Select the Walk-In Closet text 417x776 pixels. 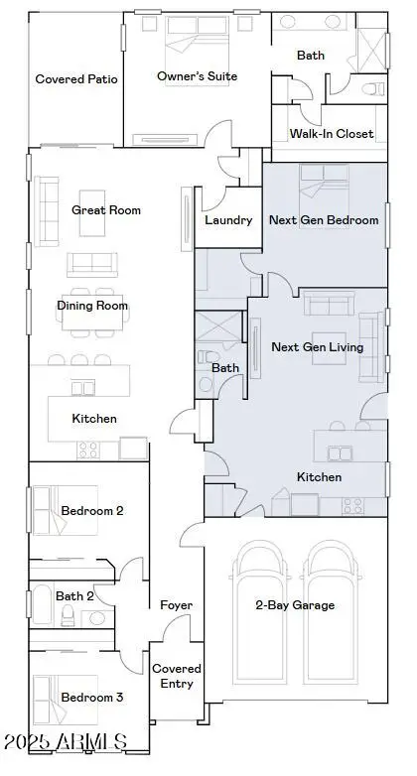(332, 134)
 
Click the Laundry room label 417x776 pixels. (228, 220)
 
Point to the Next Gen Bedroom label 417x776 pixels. (325, 220)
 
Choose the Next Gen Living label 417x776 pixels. (317, 347)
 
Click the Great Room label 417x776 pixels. (106, 210)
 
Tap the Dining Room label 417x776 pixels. (92, 306)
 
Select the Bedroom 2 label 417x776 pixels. (92, 511)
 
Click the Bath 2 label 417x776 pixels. (74, 596)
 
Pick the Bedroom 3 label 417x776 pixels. (92, 698)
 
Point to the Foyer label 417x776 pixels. (176, 605)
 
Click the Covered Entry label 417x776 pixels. (177, 676)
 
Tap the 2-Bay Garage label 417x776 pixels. (295, 605)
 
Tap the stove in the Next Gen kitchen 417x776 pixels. (352, 505)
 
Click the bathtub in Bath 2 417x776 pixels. (43, 606)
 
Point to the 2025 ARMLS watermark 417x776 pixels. (66, 741)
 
